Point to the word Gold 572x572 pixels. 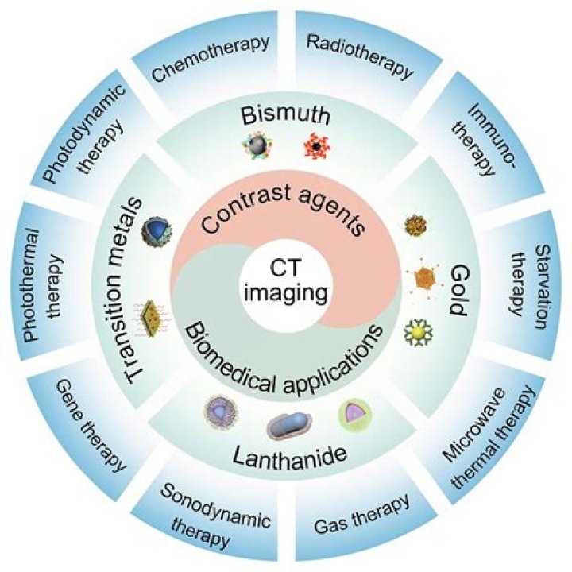(x=456, y=284)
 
